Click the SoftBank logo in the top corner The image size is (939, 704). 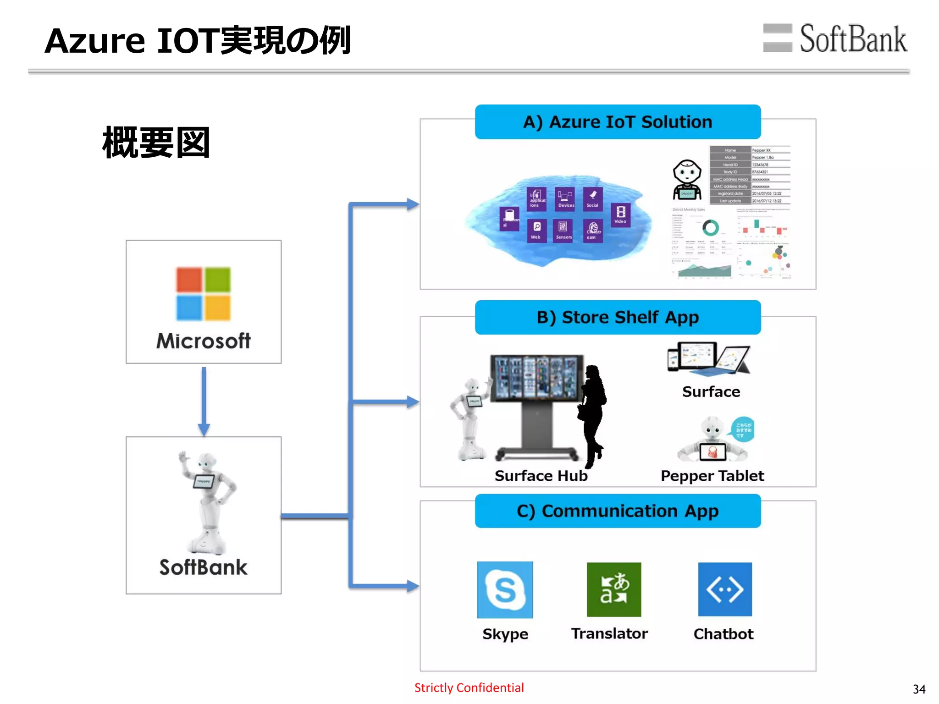pyautogui.click(x=834, y=38)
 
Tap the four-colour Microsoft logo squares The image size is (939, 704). pyautogui.click(x=203, y=294)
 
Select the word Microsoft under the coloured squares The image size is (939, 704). pyautogui.click(x=203, y=341)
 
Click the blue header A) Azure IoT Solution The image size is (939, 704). pyautogui.click(x=618, y=122)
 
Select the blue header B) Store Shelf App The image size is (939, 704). pyautogui.click(x=618, y=317)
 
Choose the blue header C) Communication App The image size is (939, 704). pyautogui.click(x=618, y=511)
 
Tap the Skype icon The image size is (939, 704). pyautogui.click(x=505, y=589)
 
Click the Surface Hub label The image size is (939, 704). pyautogui.click(x=541, y=476)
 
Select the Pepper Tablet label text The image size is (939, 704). pyautogui.click(x=712, y=476)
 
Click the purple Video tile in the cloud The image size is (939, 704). pyautogui.click(x=620, y=215)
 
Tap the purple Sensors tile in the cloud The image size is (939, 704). pyautogui.click(x=563, y=230)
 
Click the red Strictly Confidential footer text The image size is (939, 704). pyautogui.click(x=469, y=687)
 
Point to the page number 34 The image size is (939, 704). pyautogui.click(x=919, y=689)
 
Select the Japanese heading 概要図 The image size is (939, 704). pyautogui.click(x=156, y=143)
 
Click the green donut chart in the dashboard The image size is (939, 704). pyautogui.click(x=710, y=228)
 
